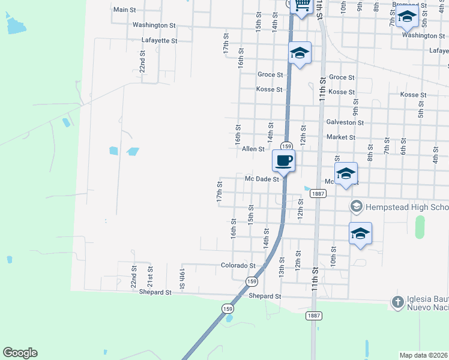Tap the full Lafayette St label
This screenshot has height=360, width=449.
coord(159,41)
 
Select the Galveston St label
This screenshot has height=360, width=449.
coord(345,122)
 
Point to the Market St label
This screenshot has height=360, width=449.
coord(340,137)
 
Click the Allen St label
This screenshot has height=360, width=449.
coord(253,149)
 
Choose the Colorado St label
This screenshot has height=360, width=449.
coord(238,265)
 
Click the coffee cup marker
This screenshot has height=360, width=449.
coord(284,161)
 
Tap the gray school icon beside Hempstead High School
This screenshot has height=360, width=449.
coord(356,206)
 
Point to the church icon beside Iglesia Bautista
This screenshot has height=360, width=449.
coord(397,302)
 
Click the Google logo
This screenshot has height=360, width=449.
coord(20,353)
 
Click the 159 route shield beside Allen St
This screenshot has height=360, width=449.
coord(286,146)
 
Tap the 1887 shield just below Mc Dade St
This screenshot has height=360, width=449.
coord(318,193)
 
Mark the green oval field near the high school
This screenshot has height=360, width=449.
coord(420,227)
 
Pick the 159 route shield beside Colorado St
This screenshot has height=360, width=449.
coord(252,281)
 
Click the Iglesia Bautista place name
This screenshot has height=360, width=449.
coord(427,302)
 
